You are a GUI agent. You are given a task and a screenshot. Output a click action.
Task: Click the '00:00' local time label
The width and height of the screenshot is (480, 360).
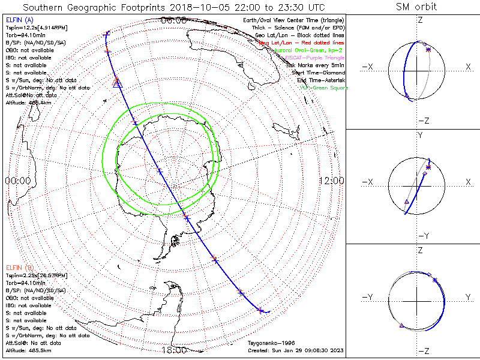tap(17, 181)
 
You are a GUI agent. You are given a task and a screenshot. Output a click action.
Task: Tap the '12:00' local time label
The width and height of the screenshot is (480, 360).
tap(331, 181)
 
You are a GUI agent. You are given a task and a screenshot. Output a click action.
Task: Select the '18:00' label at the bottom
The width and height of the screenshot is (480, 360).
tap(173, 350)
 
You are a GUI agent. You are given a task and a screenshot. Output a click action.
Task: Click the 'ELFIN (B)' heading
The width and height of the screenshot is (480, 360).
tap(19, 267)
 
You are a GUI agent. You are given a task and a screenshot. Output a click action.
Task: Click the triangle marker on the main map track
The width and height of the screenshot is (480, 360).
tap(117, 82)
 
